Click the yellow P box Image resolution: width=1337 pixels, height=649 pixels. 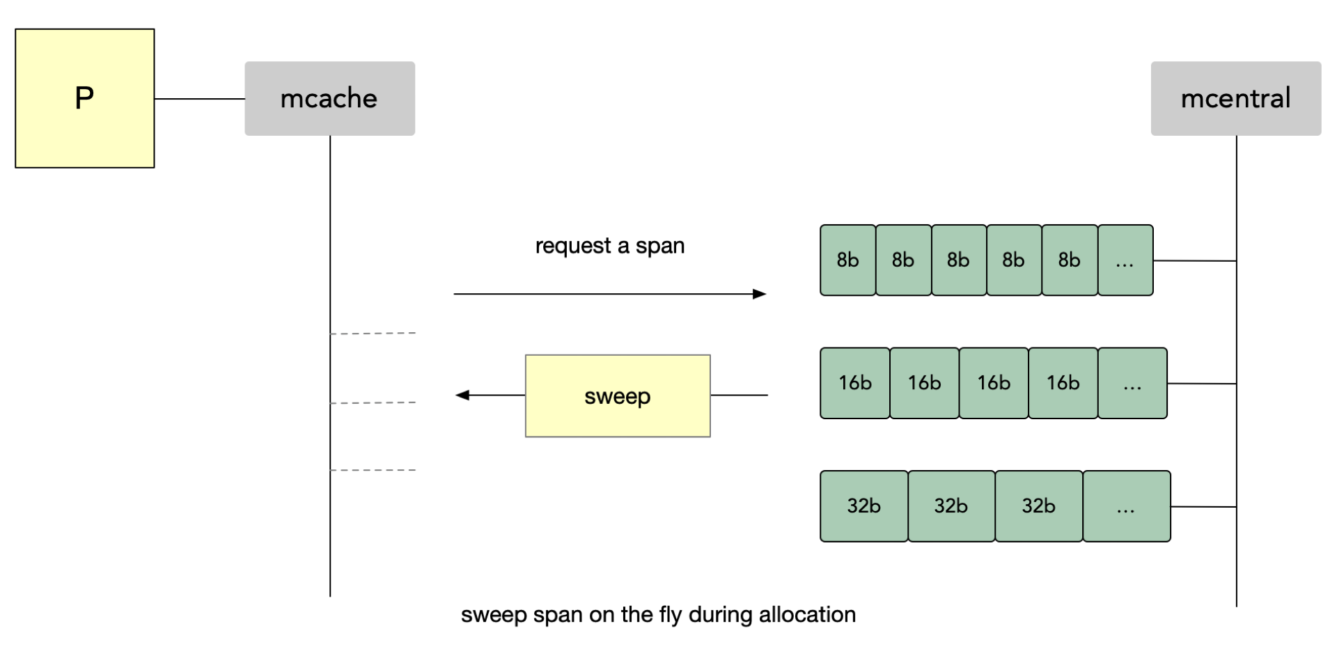(x=85, y=98)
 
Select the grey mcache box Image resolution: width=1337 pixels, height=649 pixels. (x=329, y=98)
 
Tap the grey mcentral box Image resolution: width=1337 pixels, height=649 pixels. (x=1235, y=98)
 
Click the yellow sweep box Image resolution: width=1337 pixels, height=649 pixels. (x=618, y=396)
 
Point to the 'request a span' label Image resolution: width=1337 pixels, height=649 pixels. (x=610, y=246)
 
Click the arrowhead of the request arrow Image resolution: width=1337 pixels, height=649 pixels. (x=760, y=294)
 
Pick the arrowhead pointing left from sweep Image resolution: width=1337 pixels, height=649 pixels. (x=462, y=395)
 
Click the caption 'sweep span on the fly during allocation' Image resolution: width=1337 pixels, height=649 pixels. (x=658, y=614)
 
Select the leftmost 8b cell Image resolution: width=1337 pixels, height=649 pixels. (x=847, y=260)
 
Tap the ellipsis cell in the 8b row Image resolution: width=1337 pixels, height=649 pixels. (x=1125, y=260)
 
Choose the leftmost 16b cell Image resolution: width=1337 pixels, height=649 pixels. (x=855, y=383)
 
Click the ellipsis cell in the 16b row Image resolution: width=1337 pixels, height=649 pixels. (x=1132, y=383)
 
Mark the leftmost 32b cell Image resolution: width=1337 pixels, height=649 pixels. (x=864, y=506)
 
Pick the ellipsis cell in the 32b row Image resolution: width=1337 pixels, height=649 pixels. (x=1127, y=506)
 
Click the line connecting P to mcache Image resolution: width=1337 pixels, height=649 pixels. (x=200, y=99)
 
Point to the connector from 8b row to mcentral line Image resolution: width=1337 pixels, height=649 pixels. (x=1195, y=260)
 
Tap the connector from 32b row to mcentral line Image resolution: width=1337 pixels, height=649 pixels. (x=1203, y=507)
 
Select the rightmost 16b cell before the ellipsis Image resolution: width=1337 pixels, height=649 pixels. (x=1063, y=383)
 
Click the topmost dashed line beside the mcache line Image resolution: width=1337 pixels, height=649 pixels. (x=373, y=334)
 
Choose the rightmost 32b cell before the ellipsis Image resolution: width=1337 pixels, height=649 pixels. (x=1039, y=506)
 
